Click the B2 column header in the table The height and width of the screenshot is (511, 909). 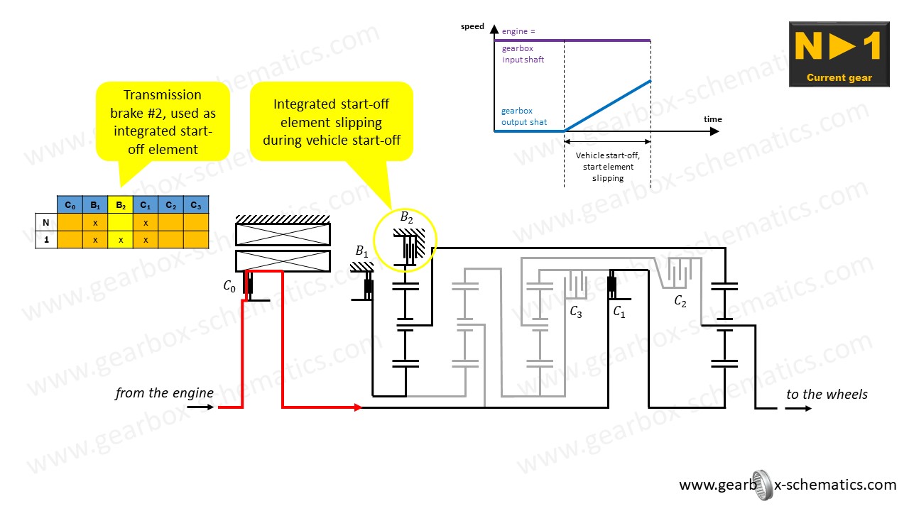121,205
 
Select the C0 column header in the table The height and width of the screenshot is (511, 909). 70,205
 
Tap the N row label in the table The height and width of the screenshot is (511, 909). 46,222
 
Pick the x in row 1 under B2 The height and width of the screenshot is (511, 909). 121,240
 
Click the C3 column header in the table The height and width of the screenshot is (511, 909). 196,205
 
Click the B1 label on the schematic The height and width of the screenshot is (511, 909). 362,251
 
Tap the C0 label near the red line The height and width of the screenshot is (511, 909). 229,287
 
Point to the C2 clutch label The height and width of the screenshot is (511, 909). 680,301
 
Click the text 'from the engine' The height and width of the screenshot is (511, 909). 164,393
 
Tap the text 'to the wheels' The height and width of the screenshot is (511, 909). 827,395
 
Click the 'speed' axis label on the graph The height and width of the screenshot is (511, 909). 472,27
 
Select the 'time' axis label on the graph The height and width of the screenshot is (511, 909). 712,119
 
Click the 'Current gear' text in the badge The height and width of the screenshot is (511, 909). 839,77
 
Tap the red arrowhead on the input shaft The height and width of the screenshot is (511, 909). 358,407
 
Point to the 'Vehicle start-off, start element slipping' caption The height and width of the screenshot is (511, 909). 607,167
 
